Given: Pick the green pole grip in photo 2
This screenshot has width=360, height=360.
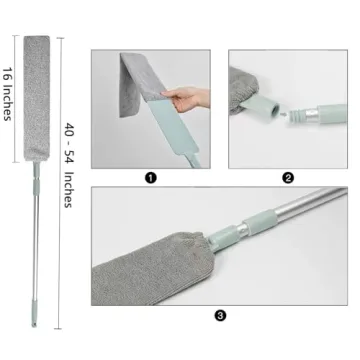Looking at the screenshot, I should pyautogui.click(x=325, y=123).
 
